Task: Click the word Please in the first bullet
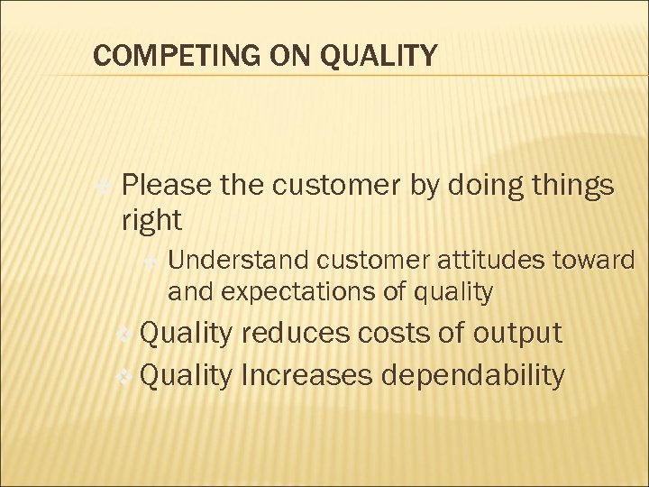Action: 165,186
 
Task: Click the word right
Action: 151,219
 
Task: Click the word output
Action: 518,333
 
